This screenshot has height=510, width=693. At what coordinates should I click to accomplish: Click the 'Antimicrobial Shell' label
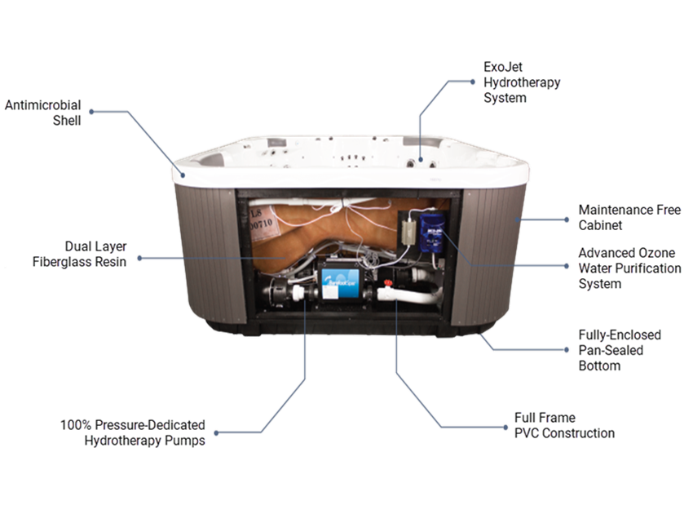(43, 113)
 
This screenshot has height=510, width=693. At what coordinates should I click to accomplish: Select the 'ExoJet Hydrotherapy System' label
(522, 82)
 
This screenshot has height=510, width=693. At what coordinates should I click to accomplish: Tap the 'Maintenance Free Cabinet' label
(629, 217)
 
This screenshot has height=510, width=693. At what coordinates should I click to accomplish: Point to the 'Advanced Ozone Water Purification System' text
(629, 268)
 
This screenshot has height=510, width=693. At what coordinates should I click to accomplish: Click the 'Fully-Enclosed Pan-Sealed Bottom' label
(620, 350)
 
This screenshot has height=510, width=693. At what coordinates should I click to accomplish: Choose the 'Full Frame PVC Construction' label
(564, 425)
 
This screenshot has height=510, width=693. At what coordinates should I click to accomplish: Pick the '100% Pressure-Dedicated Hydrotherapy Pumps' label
(133, 432)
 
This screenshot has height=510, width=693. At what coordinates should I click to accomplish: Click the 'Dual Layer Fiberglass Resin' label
(80, 254)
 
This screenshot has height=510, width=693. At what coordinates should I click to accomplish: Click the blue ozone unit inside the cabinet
(431, 233)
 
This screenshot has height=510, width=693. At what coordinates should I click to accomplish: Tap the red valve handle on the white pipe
(388, 282)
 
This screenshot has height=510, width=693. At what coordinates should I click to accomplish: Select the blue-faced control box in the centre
(341, 281)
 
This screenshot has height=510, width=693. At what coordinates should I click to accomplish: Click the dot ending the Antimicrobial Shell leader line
(91, 112)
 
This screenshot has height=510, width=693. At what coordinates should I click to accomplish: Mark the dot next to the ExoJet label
(472, 82)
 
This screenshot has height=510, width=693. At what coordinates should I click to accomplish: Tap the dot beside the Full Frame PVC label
(505, 428)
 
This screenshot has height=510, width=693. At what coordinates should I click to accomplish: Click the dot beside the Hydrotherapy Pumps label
(216, 432)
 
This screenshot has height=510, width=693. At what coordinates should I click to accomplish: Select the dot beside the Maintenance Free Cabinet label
(567, 220)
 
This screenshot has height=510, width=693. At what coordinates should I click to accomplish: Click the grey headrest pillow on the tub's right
(423, 142)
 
